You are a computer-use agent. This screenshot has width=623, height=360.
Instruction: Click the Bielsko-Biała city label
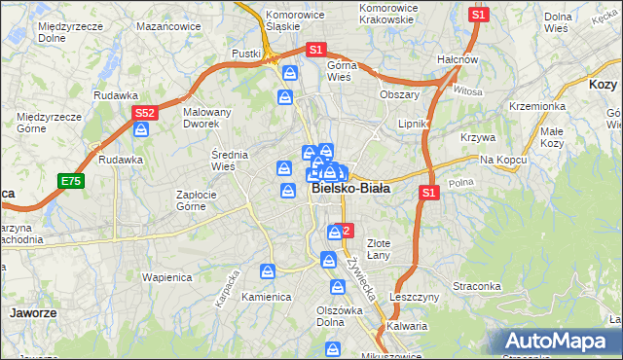(352, 190)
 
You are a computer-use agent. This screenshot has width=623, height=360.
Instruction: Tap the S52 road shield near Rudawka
(144, 114)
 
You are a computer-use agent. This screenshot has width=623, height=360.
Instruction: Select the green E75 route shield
(70, 182)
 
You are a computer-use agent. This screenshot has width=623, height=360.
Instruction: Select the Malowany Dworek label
(207, 119)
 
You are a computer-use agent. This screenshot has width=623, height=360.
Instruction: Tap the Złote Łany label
(378, 249)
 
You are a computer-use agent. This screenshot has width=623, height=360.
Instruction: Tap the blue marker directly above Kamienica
(267, 272)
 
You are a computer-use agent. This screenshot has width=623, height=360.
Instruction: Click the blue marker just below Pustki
(290, 73)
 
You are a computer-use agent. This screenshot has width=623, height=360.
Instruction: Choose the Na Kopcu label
(502, 159)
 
